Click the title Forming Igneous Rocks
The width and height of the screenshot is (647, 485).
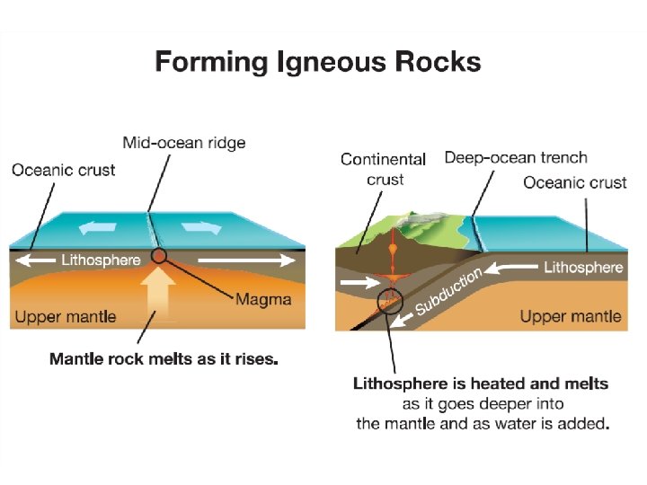tap(318, 62)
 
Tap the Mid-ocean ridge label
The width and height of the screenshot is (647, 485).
tap(184, 143)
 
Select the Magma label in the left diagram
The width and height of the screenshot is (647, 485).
tap(263, 299)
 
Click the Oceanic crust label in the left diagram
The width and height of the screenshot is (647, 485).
tap(64, 169)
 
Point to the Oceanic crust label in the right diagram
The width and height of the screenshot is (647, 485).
tap(575, 182)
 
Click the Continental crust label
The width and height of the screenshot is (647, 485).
tap(384, 169)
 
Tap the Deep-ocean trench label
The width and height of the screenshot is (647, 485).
tap(516, 158)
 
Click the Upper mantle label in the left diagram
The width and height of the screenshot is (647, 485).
tap(66, 317)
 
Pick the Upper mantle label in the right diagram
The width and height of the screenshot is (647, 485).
tap(571, 316)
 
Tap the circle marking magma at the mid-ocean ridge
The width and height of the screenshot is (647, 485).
tap(159, 257)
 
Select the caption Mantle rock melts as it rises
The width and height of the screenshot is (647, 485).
tap(164, 359)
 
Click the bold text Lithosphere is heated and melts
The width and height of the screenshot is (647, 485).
tap(481, 384)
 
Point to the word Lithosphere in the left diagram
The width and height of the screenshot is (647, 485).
tap(101, 260)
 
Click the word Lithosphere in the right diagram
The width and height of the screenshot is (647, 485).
tap(584, 267)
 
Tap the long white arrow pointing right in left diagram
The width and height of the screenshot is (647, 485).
tap(246, 260)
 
